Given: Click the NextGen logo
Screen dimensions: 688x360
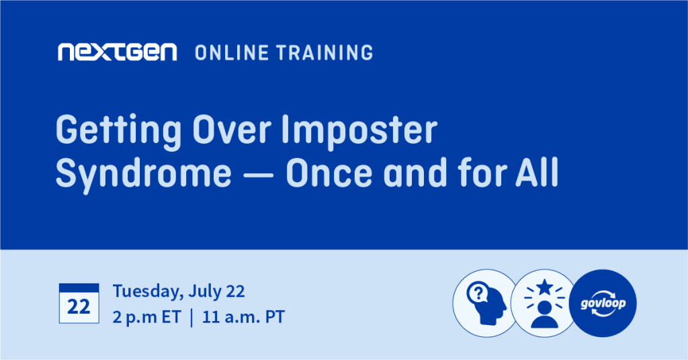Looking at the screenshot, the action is pyautogui.click(x=117, y=52).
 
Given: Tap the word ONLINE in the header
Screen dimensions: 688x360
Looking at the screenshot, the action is pyautogui.click(x=232, y=52).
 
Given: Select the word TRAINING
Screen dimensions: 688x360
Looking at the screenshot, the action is pyautogui.click(x=325, y=52).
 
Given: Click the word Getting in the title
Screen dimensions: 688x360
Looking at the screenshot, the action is pyautogui.click(x=118, y=131).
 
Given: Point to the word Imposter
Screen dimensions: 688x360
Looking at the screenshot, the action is pyautogui.click(x=359, y=131).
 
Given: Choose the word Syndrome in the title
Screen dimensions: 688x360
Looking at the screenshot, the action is pyautogui.click(x=144, y=174).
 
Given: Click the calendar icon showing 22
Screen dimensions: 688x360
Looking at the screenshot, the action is pyautogui.click(x=79, y=304).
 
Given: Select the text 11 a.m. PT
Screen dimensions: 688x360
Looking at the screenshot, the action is pyautogui.click(x=243, y=317).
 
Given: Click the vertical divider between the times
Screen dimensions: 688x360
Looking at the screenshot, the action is pyautogui.click(x=191, y=318).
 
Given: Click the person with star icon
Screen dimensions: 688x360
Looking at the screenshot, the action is pyautogui.click(x=544, y=303).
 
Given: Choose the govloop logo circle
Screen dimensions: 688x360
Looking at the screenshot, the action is pyautogui.click(x=603, y=303).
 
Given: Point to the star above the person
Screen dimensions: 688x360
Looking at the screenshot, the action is pyautogui.click(x=544, y=287).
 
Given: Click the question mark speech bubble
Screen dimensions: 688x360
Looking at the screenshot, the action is pyautogui.click(x=478, y=292).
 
